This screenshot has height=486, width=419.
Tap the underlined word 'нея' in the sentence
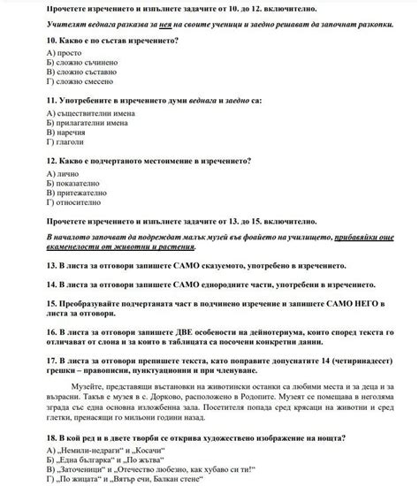tap(163, 27)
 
